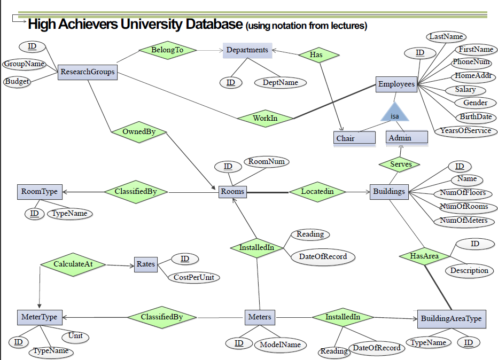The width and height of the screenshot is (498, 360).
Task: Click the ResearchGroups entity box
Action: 88,72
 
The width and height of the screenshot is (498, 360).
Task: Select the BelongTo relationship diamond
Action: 167,50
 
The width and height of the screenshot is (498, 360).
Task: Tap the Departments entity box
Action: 247,50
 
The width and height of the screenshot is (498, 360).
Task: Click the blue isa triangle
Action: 394,114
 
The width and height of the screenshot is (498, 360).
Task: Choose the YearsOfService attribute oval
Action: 465,131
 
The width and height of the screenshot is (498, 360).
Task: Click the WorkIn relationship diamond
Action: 265,118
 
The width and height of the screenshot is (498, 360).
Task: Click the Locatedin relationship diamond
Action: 317,191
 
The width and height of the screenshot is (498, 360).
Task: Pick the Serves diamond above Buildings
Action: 401,165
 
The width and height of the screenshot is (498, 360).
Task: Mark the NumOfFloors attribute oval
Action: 463,193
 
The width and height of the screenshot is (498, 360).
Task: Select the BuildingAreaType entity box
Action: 451,319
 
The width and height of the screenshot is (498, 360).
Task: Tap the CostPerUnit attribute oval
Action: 197,278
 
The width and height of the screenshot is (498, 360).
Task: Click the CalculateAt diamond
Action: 73,264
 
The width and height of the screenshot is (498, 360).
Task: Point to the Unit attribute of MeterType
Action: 75,336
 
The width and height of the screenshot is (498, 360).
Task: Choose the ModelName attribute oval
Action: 280,345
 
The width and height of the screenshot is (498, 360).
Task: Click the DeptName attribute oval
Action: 280,83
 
